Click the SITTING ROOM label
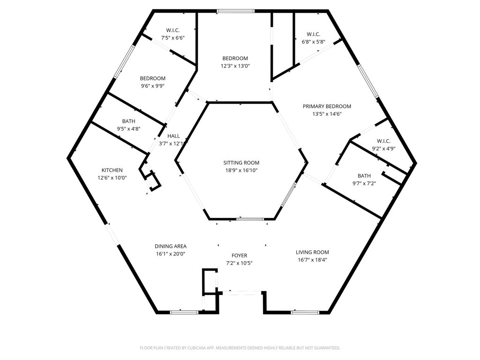tap(241, 163)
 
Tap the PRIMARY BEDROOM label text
tap(327, 106)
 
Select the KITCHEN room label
tap(112, 170)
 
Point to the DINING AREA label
tap(171, 246)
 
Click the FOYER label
tap(239, 255)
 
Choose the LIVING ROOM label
tap(312, 252)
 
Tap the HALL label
tap(173, 136)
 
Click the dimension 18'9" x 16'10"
tap(241, 170)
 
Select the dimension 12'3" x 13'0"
tap(235, 66)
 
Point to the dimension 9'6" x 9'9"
tap(152, 86)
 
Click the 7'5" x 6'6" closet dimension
tap(173, 37)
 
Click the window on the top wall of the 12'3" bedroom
tap(236, 11)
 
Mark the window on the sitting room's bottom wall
tap(250, 219)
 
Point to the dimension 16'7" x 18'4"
tap(312, 260)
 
